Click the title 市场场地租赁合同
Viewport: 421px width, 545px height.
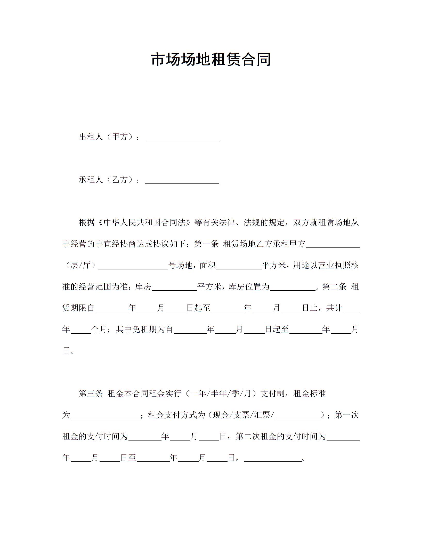click(x=211, y=59)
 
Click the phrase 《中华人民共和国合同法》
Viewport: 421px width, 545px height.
click(x=144, y=222)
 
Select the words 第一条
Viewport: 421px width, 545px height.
click(x=206, y=244)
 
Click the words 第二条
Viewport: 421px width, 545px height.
click(x=334, y=287)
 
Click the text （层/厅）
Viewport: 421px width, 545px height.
click(x=80, y=265)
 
